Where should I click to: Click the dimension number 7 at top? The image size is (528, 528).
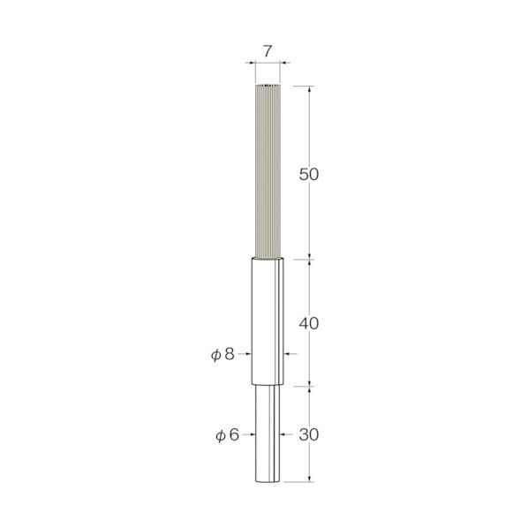click(267, 51)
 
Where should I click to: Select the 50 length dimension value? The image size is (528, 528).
click(309, 175)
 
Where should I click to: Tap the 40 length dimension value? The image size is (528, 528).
click(309, 324)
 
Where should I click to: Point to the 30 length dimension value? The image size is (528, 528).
click(309, 435)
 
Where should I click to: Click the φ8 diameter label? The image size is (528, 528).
click(223, 354)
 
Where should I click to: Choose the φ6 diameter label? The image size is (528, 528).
click(227, 435)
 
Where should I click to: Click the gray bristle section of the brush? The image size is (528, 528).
click(268, 171)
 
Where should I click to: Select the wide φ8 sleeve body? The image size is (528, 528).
click(268, 321)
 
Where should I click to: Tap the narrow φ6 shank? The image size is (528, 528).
click(268, 434)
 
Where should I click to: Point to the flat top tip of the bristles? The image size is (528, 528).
click(268, 85)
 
